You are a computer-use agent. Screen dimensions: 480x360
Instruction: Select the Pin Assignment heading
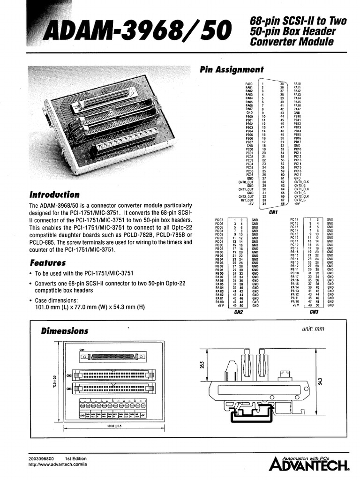coord(232,69)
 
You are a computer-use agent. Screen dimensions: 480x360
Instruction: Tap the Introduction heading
coord(54,195)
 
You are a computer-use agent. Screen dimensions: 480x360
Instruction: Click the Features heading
coord(47,262)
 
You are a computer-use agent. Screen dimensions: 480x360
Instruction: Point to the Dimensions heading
coord(64,330)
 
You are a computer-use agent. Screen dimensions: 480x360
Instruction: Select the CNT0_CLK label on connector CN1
coord(301,182)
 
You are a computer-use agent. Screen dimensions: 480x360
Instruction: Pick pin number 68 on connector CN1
coord(282,204)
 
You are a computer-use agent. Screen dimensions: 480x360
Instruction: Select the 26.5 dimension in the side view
coord(202,365)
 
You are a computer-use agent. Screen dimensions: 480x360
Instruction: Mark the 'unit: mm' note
coord(314,330)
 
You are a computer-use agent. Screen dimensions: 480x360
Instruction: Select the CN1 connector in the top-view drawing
coord(113,357)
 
